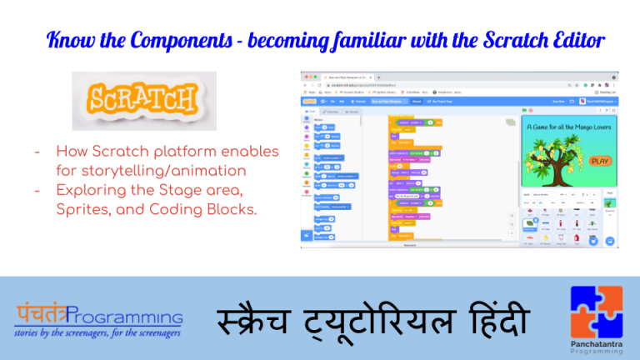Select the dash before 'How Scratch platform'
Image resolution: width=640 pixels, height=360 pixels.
coord(39,152)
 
